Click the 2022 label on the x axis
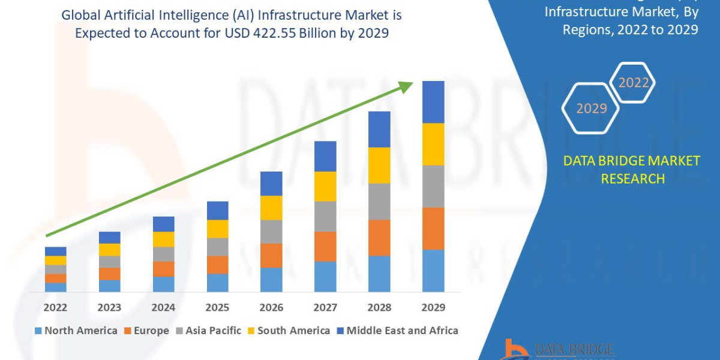pyautogui.click(x=55, y=308)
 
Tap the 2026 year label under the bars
pyautogui.click(x=271, y=308)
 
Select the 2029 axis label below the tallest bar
pyautogui.click(x=433, y=308)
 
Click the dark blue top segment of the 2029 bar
pyautogui.click(x=433, y=102)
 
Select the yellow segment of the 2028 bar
pyautogui.click(x=379, y=165)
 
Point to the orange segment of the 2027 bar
pyautogui.click(x=325, y=247)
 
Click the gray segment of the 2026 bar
pyautogui.click(x=271, y=232)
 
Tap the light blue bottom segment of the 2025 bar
pyautogui.click(x=217, y=283)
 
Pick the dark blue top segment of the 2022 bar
pyautogui.click(x=55, y=251)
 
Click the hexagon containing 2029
pyautogui.click(x=591, y=109)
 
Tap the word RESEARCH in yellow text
pyautogui.click(x=632, y=179)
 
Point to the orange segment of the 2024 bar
pyautogui.click(x=163, y=269)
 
